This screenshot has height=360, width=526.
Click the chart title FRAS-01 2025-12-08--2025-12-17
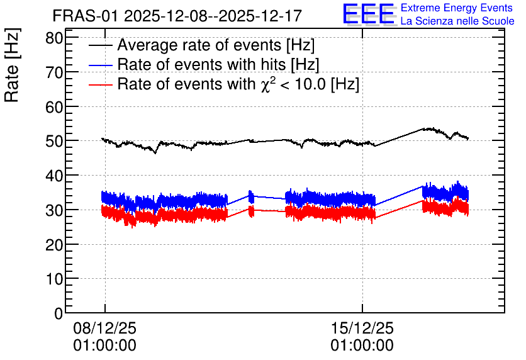pos(177,16)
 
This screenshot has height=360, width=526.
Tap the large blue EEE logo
pos(369,14)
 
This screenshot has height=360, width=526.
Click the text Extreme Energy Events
pos(457,8)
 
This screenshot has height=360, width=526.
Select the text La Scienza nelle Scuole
pos(457,21)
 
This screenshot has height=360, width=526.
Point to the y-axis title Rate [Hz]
pos(12,65)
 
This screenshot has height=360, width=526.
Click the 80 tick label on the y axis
pos(54,38)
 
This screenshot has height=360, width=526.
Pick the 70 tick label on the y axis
pos(54,72)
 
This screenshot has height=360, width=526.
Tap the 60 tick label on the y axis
pos(54,107)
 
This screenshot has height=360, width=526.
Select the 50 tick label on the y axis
pos(54,141)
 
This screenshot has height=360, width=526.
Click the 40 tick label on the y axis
pos(54,176)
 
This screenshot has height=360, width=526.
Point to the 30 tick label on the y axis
pos(54,210)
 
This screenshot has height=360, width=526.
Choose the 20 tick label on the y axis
pos(54,244)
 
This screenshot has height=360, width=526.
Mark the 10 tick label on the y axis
pos(54,278)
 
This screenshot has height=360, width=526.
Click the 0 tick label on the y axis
pos(59,313)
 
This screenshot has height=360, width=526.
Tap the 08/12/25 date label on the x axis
pos(105,328)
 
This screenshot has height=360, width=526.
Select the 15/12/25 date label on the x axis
pos(362,328)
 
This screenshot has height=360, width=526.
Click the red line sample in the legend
pos(100,84)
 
